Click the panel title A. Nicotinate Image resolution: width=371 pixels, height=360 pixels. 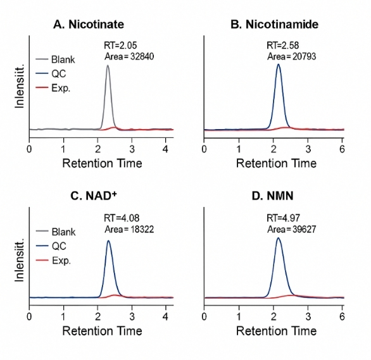click(x=88, y=25)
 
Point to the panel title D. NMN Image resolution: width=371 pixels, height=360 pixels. click(x=274, y=196)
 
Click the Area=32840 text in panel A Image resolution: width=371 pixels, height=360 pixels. click(x=129, y=57)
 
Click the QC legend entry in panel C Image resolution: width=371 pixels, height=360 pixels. click(x=58, y=246)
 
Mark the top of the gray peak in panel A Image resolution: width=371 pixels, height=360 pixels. click(x=108, y=66)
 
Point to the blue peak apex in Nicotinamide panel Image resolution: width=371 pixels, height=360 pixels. click(x=278, y=65)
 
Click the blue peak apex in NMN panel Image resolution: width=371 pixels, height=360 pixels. click(x=278, y=238)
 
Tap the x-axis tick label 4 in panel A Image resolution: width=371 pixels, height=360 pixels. click(x=165, y=149)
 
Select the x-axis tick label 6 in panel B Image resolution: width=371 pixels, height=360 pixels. click(x=342, y=149)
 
